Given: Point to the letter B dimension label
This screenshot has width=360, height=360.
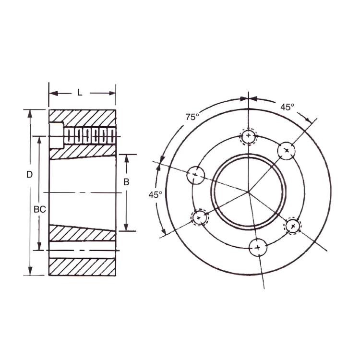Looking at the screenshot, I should (126, 182).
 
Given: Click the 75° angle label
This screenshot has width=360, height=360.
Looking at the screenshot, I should (192, 117).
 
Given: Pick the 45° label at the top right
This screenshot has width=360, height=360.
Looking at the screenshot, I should (287, 108).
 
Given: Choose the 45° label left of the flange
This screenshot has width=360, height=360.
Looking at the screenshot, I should (154, 194).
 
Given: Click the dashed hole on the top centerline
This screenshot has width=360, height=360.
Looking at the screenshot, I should (248, 137).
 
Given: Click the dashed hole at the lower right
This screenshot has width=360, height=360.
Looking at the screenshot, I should (293, 226).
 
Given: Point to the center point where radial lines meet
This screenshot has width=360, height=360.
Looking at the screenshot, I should (248, 193).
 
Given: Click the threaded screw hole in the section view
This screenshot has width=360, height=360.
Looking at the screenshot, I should (90, 136).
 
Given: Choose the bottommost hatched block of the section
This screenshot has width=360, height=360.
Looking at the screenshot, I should (82, 267).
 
